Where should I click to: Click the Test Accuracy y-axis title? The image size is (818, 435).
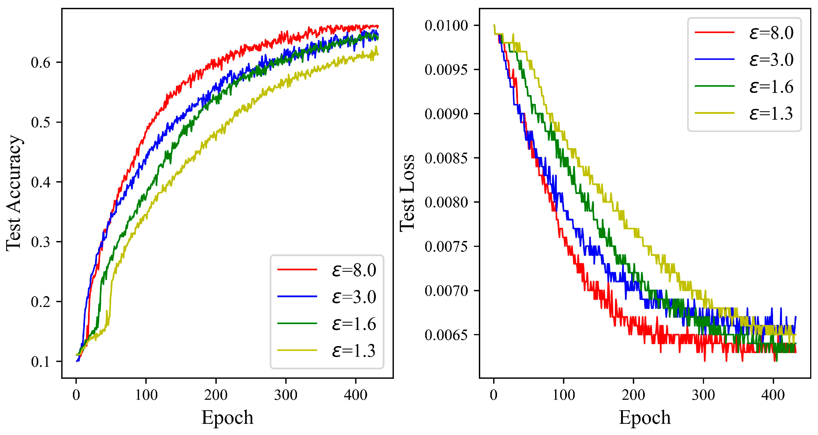click(x=13, y=193)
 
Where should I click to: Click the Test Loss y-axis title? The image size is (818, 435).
click(x=407, y=193)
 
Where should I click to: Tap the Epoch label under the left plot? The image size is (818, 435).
click(x=227, y=417)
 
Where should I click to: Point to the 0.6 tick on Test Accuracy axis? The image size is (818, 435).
click(x=41, y=63)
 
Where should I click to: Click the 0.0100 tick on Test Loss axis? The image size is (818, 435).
click(x=446, y=25)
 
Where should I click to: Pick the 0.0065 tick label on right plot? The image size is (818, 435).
click(x=446, y=335)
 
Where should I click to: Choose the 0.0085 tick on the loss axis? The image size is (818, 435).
click(x=446, y=158)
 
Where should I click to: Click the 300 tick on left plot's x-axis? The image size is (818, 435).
click(x=286, y=395)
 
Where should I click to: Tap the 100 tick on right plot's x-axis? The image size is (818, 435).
click(x=564, y=395)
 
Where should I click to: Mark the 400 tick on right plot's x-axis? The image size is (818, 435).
click(x=773, y=395)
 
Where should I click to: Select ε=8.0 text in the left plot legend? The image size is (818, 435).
click(x=354, y=270)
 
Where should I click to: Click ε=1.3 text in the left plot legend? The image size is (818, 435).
click(x=354, y=351)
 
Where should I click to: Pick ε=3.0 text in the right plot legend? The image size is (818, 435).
click(x=771, y=60)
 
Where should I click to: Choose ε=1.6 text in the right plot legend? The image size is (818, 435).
click(x=771, y=86)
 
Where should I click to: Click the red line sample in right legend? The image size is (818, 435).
click(x=714, y=32)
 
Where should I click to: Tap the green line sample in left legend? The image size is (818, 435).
click(x=297, y=323)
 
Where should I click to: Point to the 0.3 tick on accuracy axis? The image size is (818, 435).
click(x=41, y=242)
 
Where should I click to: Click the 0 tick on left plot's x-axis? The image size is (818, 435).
click(x=76, y=395)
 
